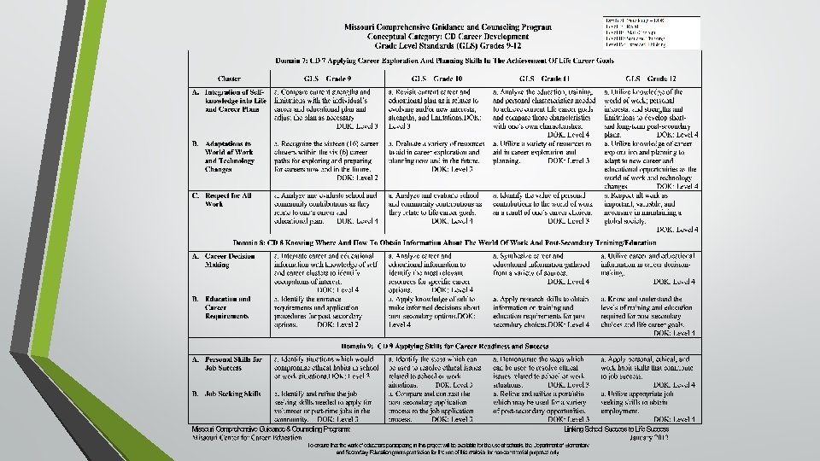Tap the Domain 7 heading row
point(444,60)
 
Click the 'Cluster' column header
point(229,78)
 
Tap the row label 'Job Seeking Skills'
point(227,394)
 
